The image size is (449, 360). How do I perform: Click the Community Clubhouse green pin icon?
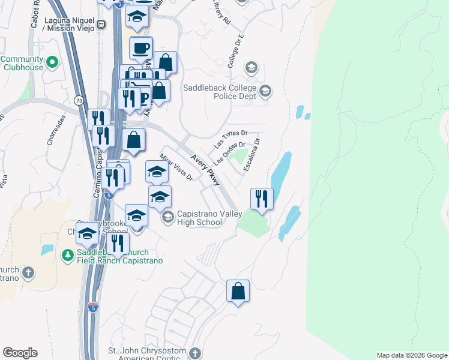pos(52,61)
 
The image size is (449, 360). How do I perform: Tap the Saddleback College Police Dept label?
pos(220,92)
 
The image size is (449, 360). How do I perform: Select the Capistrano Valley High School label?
pos(202,218)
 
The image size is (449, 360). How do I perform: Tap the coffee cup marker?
pos(142,48)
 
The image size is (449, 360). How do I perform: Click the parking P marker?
pos(144,98)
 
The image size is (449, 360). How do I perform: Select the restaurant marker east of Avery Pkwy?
pos(261,199)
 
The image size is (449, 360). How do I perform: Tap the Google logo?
pos(20,353)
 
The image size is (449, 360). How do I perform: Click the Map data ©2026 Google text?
pos(412,355)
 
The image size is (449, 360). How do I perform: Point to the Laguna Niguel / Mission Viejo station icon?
pos(101,25)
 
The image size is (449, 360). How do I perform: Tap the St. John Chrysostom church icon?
pos(195,353)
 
